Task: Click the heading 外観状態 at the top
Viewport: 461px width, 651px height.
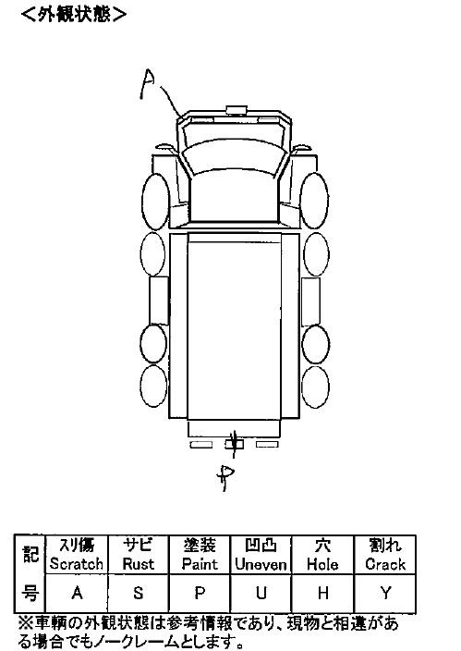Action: click(x=74, y=15)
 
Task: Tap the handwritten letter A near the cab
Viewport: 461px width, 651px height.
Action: click(x=148, y=85)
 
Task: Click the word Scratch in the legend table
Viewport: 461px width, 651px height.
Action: click(x=77, y=564)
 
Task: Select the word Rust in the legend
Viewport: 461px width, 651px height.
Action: click(x=139, y=564)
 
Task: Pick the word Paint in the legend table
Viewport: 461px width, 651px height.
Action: click(x=200, y=564)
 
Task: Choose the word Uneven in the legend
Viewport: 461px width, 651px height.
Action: click(x=261, y=564)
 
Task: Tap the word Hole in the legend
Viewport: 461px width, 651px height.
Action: click(x=322, y=564)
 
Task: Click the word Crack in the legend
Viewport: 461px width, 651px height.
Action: click(x=385, y=564)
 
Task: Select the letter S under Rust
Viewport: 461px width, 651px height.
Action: click(x=139, y=593)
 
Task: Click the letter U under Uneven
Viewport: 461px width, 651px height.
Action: click(x=261, y=593)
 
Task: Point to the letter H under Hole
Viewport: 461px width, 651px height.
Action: click(x=322, y=593)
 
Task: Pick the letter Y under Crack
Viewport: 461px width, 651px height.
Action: click(x=385, y=593)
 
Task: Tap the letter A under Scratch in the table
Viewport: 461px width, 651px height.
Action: click(x=77, y=593)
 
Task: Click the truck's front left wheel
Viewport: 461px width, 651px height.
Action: click(x=155, y=202)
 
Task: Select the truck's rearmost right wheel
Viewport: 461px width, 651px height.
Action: click(x=316, y=387)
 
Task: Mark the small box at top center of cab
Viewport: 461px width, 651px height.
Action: click(x=237, y=110)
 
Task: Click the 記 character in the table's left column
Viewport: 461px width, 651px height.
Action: click(x=30, y=554)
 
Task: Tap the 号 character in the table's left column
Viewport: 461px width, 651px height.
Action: click(x=30, y=593)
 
